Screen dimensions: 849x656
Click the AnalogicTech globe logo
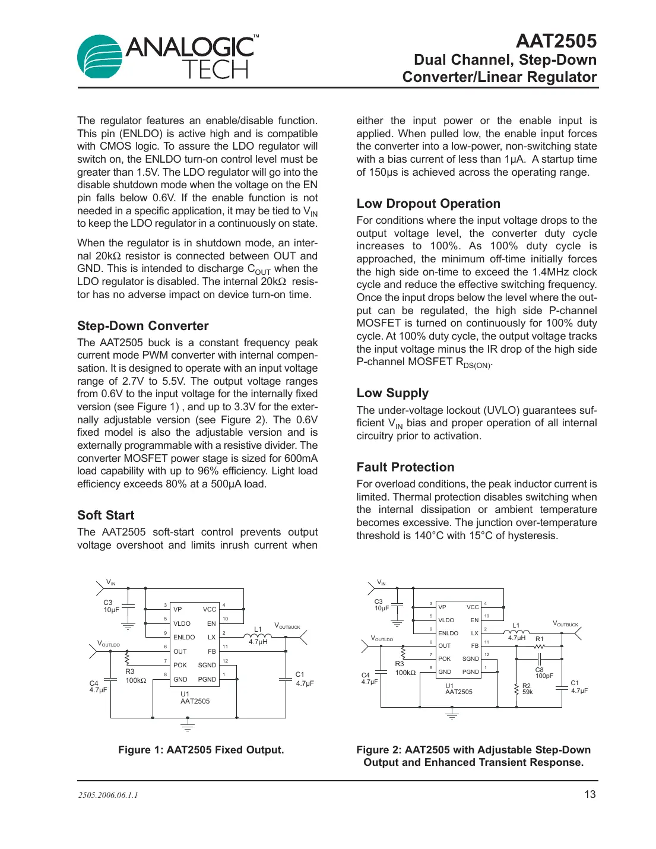100,57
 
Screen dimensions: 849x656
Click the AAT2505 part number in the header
556,41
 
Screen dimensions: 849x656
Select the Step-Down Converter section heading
142,326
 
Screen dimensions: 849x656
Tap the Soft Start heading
106,515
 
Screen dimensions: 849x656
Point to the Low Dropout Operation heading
428,204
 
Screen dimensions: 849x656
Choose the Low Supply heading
392,393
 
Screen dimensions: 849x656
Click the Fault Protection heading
405,467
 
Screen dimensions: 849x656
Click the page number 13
590,794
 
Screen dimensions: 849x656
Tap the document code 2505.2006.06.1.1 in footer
107,796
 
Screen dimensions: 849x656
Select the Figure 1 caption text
201,750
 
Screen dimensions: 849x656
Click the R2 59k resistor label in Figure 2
527,689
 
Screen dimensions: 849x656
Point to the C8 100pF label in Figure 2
543,673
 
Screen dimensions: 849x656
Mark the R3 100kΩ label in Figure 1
135,676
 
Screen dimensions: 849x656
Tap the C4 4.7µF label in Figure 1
98,687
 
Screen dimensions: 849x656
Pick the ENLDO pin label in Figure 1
184,637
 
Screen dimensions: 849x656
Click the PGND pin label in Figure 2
470,672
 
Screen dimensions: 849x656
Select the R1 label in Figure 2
539,639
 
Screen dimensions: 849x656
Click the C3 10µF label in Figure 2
381,605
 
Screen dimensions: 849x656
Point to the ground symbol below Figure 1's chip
187,726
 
